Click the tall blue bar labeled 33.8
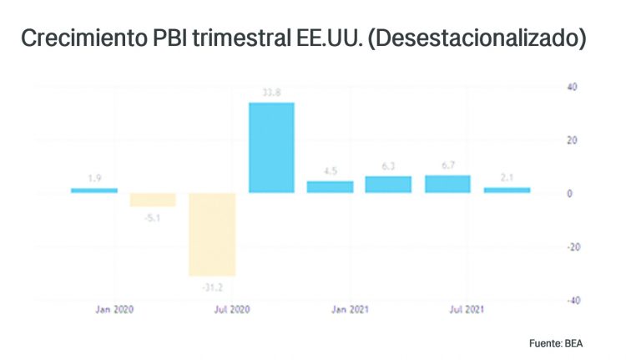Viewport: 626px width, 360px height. [271, 148]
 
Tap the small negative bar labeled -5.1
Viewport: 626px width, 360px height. [153, 200]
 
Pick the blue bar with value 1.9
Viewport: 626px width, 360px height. [93, 190]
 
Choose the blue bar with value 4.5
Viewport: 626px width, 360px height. [330, 187]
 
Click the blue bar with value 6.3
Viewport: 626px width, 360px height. [388, 185]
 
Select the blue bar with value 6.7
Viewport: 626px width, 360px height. [447, 184]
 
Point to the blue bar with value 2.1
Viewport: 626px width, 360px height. [507, 190]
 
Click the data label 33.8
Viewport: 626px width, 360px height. [270, 94]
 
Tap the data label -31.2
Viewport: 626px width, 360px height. [212, 289]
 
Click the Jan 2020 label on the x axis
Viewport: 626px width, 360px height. [114, 310]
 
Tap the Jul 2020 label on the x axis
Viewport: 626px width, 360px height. [233, 310]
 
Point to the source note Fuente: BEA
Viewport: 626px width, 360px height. [563, 343]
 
